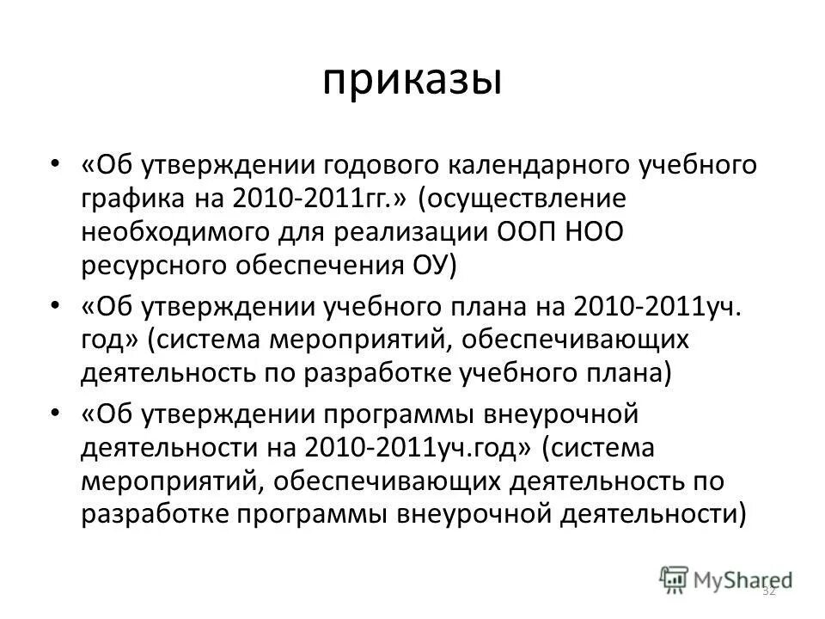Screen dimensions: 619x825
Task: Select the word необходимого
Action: pyautogui.click(x=171, y=230)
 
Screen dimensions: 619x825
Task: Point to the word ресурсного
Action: pyautogui.click(x=149, y=264)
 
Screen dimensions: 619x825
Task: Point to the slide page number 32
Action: pyautogui.click(x=769, y=591)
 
